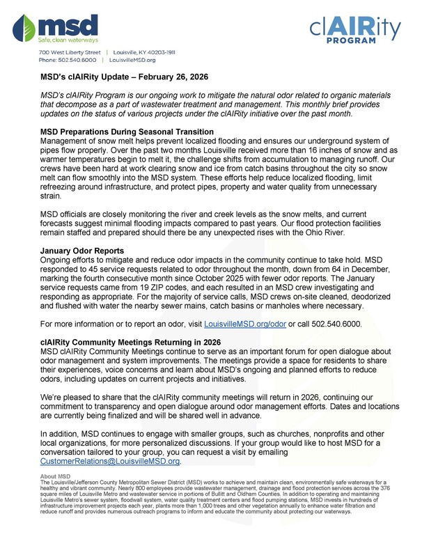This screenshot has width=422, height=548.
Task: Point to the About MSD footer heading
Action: point(56,476)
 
